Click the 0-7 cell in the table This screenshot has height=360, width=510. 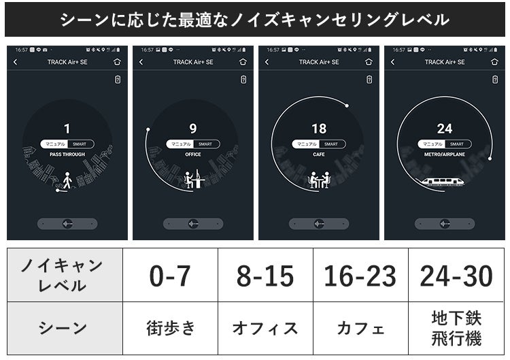(170, 276)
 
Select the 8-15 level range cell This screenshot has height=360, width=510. (265, 276)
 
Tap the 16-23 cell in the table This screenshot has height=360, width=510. (360, 276)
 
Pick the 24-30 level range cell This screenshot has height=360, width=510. (456, 276)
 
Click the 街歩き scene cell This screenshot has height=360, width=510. (170, 328)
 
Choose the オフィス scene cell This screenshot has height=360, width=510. (265, 328)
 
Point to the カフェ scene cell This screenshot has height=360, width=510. (360, 328)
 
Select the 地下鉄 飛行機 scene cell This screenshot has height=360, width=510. (456, 328)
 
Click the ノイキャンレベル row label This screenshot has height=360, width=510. (65, 276)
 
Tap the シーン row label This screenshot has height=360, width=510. (65, 328)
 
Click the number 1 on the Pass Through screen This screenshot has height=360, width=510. (67, 129)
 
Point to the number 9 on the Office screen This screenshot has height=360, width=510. (193, 129)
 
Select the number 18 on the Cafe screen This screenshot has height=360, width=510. (319, 129)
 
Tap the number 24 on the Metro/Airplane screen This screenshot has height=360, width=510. (445, 129)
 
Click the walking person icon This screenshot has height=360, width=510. (67, 180)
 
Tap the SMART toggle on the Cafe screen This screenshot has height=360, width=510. (331, 144)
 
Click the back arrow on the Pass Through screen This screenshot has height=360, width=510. (16, 62)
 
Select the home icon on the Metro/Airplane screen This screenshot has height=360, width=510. (494, 62)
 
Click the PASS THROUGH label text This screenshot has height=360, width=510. (67, 154)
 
